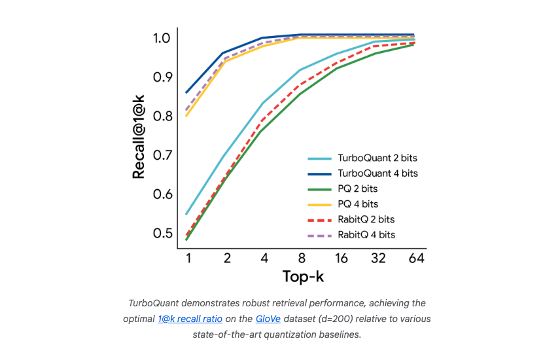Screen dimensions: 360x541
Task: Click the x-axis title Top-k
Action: point(303,276)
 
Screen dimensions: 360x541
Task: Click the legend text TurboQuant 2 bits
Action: point(377,158)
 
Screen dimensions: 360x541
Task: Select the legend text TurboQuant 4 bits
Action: point(377,173)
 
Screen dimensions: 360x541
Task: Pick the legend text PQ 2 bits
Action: point(358,189)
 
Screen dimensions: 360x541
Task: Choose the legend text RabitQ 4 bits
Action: point(366,234)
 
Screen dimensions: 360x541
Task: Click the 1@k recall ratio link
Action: point(190,319)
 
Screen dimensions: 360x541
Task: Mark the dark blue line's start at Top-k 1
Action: point(187,92)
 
